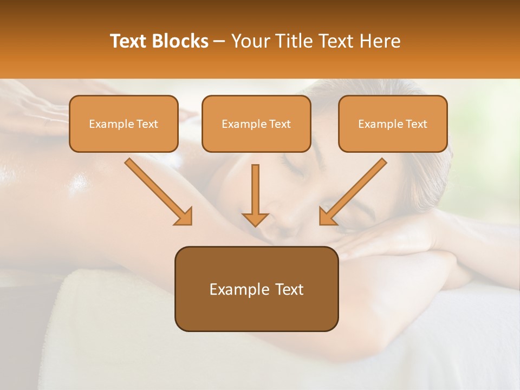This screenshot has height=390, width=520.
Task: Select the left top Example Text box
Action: [x=123, y=123]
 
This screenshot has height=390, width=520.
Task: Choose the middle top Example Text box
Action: [x=256, y=123]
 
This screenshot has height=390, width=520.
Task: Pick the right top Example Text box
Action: [x=393, y=123]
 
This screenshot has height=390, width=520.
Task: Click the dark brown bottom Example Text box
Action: [x=256, y=289]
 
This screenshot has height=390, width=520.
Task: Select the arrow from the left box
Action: [x=157, y=191]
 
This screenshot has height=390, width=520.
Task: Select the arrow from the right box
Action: [x=354, y=191]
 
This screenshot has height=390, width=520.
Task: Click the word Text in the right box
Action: [x=417, y=124]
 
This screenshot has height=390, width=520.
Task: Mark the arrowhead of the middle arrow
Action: [x=256, y=219]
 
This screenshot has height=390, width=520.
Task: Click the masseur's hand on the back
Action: [x=32, y=108]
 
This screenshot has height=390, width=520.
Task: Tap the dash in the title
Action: [x=219, y=42]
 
